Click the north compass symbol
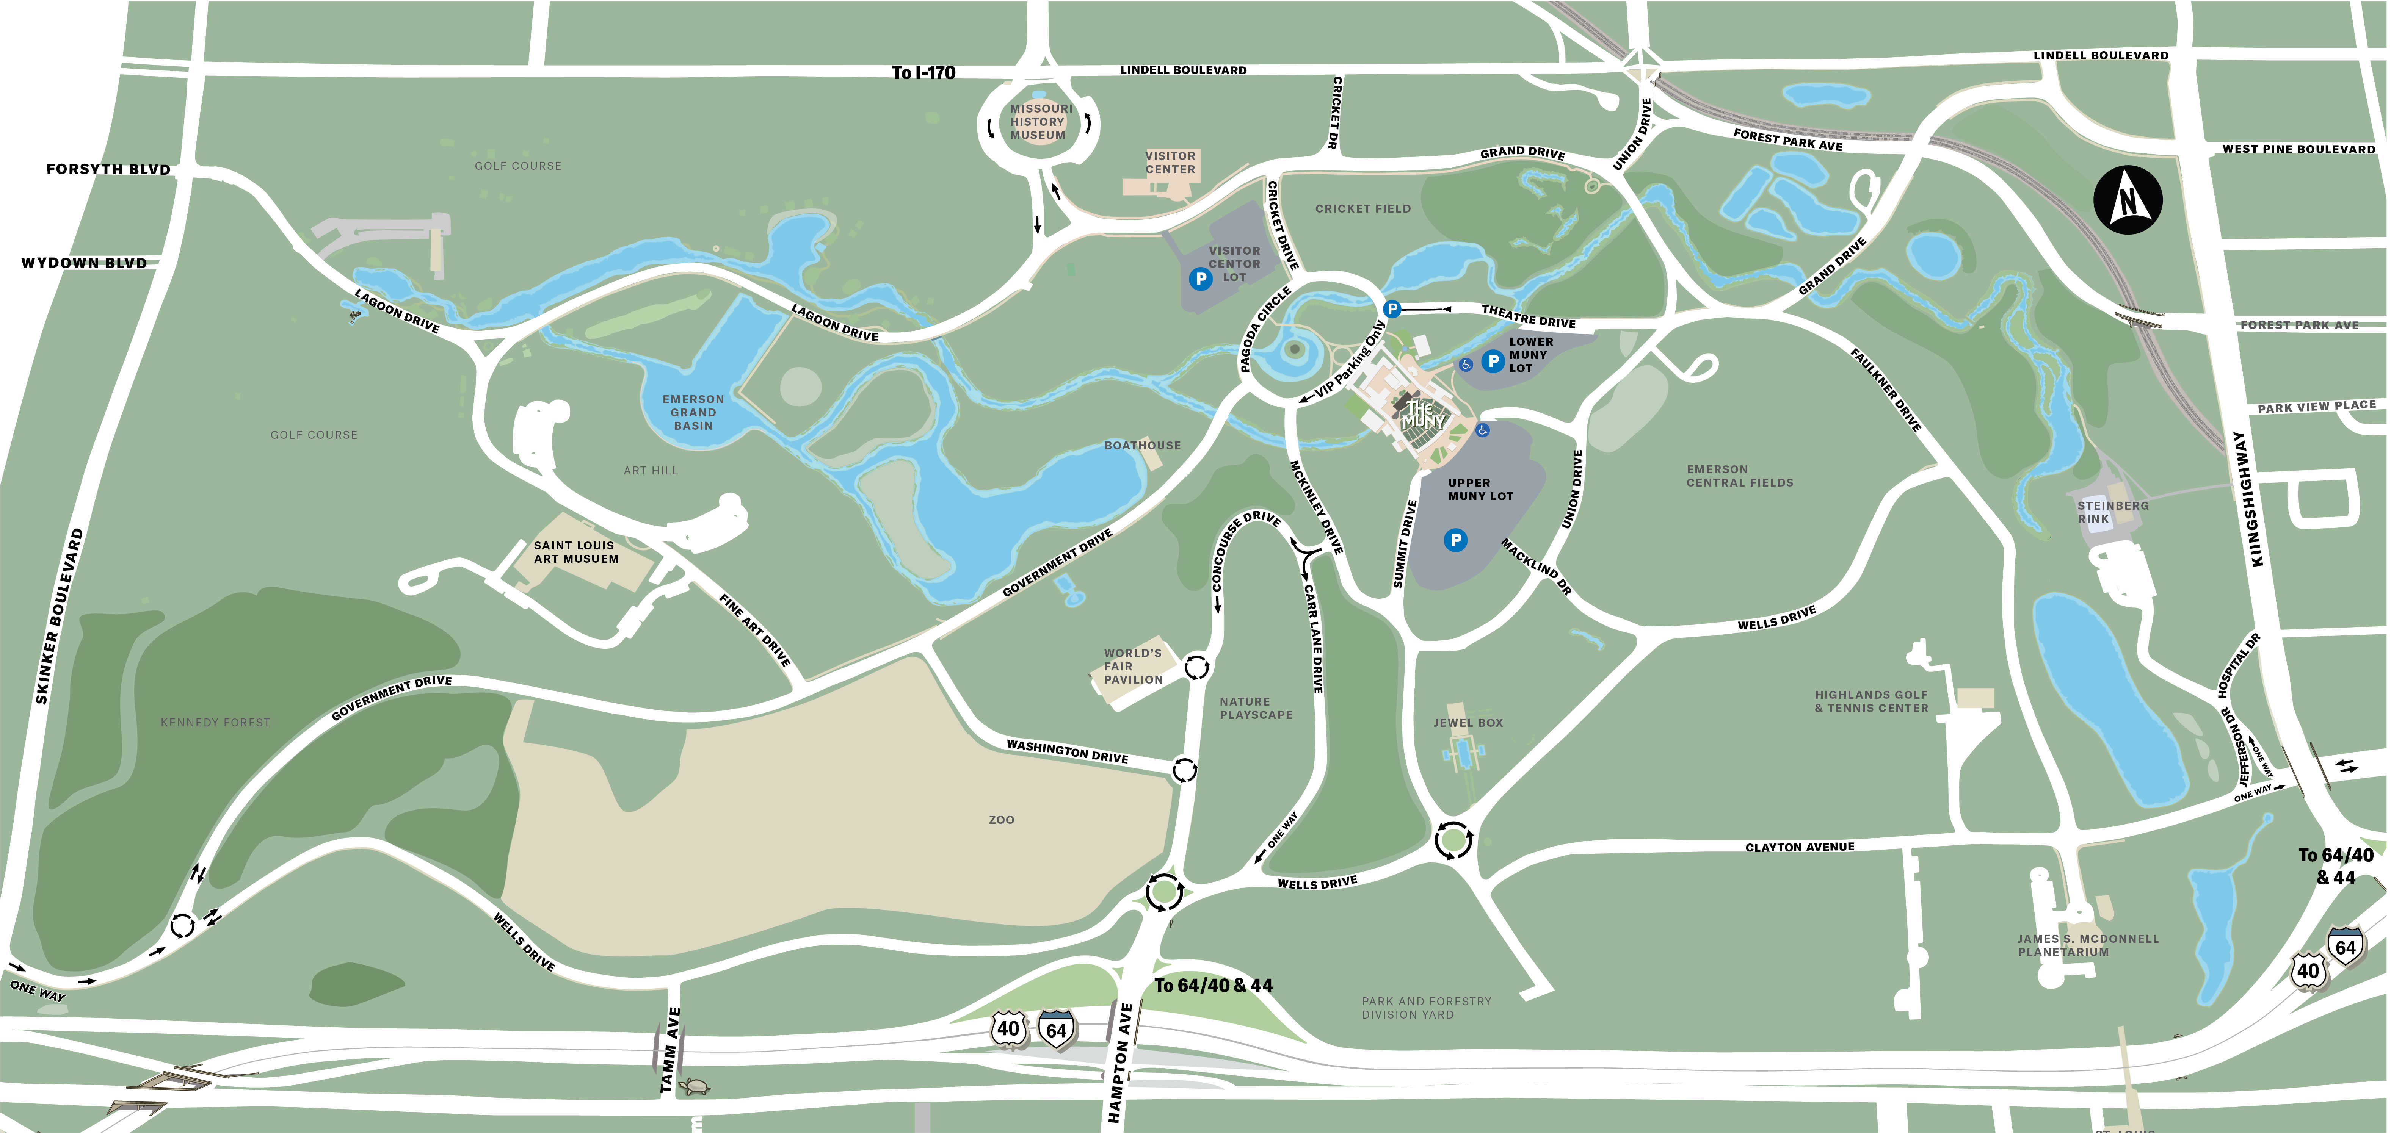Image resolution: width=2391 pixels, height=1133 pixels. point(2128,199)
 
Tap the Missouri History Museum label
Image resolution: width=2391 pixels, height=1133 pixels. point(1039,122)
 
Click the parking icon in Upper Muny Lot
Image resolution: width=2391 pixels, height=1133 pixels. point(1455,540)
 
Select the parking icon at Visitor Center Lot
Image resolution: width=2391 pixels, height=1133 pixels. point(1200,279)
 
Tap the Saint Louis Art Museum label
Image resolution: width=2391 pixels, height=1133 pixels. point(575,552)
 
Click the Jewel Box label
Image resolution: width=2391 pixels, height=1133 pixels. point(1468,723)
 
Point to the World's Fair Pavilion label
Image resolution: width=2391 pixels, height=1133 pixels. point(1132,666)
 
